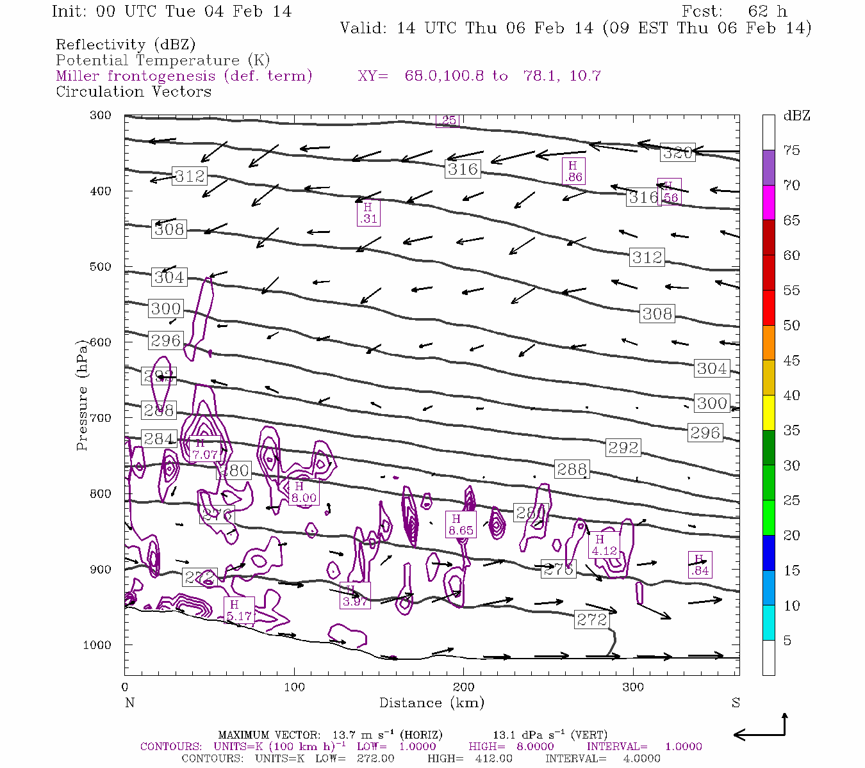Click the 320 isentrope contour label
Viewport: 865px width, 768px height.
tap(677, 152)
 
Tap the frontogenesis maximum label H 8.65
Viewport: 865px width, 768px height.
tap(461, 525)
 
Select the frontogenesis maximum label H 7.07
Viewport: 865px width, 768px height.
tap(204, 449)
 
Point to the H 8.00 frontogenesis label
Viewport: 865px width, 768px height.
tap(303, 492)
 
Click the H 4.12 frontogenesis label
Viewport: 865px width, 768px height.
tap(604, 545)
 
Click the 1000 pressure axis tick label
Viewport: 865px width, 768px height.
tap(97, 645)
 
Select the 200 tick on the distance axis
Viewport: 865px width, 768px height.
tap(463, 687)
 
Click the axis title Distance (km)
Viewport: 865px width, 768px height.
tap(431, 703)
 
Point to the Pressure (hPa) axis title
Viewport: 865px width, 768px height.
tap(82, 401)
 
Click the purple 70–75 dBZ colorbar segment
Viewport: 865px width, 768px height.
tap(768, 168)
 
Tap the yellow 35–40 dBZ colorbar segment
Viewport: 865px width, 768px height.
tap(768, 413)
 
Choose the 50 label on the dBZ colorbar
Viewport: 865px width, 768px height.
tap(791, 326)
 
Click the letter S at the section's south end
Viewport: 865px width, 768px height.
tap(736, 703)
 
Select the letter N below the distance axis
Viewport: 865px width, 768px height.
tap(129, 703)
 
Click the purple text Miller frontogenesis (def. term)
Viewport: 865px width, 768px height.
tap(184, 76)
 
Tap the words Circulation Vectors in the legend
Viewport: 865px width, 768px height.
tap(133, 92)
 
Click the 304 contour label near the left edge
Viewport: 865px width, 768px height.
tap(169, 277)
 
